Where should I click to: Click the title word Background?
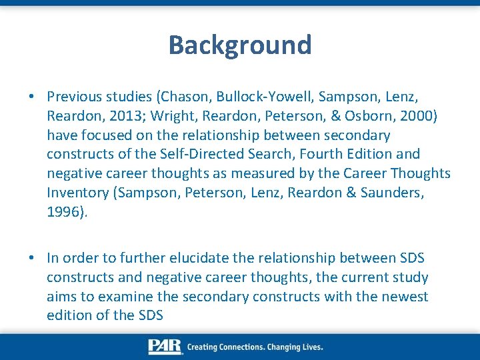240,45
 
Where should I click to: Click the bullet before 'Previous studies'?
32,97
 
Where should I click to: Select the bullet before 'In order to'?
32,258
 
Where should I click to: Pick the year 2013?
126,116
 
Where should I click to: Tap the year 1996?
63,212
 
